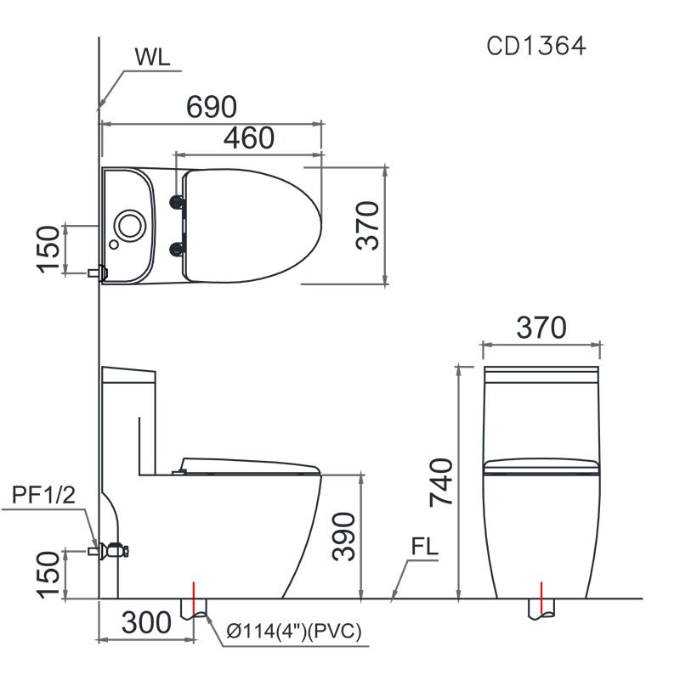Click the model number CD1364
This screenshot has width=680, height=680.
point(535,46)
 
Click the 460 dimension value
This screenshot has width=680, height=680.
point(249,138)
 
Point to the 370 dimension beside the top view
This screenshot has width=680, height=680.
point(367,226)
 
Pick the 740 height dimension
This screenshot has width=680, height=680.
point(443,481)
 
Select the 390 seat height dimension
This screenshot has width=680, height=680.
point(344,536)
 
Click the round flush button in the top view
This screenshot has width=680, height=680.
point(131,224)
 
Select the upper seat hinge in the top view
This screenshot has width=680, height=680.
point(178,201)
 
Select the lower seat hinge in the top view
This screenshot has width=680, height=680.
point(178,248)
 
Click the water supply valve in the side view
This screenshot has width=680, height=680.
point(112,551)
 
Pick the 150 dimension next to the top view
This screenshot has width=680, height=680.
point(49,250)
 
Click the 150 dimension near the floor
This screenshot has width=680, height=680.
point(49,575)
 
